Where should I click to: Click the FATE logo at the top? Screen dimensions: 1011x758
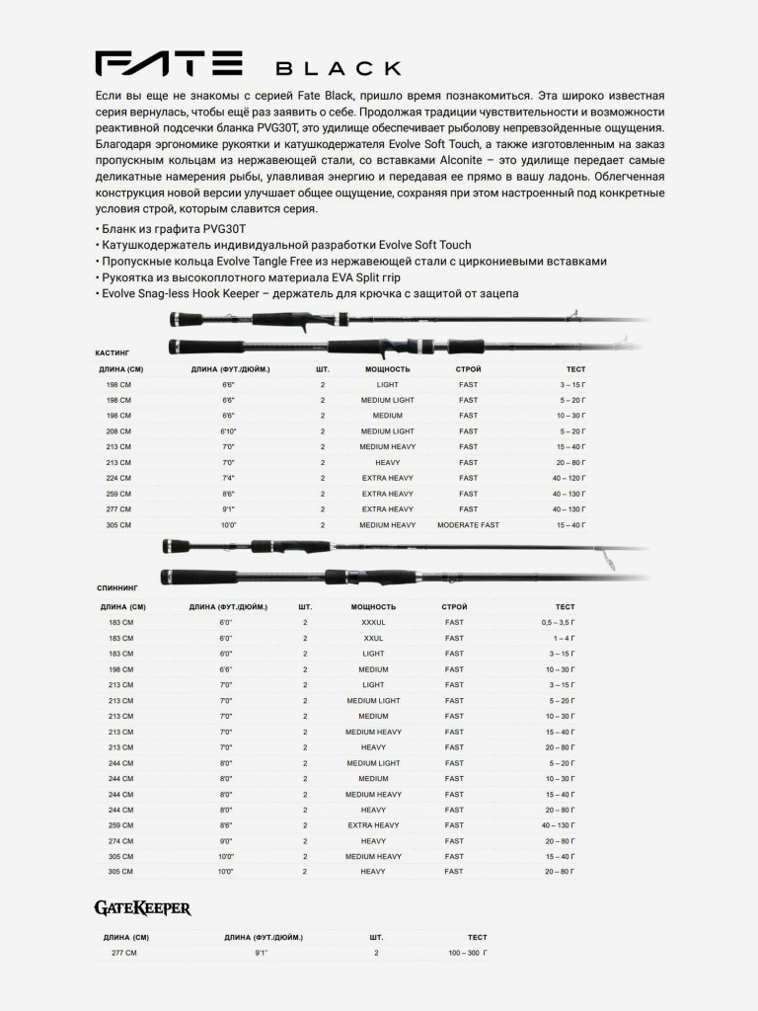click(x=169, y=65)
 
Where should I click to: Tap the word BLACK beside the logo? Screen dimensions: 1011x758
click(x=338, y=69)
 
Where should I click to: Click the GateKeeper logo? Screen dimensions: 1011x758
click(x=142, y=907)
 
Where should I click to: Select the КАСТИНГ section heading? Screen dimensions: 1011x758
click(x=112, y=351)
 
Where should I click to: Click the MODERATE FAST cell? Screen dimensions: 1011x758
click(x=469, y=525)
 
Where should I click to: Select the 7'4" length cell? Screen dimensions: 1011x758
click(x=228, y=478)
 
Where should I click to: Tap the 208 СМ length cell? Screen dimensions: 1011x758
click(x=118, y=431)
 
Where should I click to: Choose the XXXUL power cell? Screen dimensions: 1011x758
click(x=373, y=623)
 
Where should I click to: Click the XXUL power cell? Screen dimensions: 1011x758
click(x=373, y=639)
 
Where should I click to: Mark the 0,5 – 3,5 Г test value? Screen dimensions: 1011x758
click(x=558, y=623)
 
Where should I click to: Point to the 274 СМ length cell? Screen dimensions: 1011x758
click(x=120, y=841)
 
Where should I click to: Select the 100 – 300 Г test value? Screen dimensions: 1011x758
click(x=469, y=954)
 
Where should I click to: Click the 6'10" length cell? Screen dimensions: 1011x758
click(x=228, y=431)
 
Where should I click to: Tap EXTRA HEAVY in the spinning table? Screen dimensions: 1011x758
click(x=373, y=825)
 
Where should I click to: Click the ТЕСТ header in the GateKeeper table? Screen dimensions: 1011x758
click(x=477, y=937)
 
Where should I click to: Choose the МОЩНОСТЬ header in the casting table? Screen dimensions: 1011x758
click(x=387, y=368)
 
